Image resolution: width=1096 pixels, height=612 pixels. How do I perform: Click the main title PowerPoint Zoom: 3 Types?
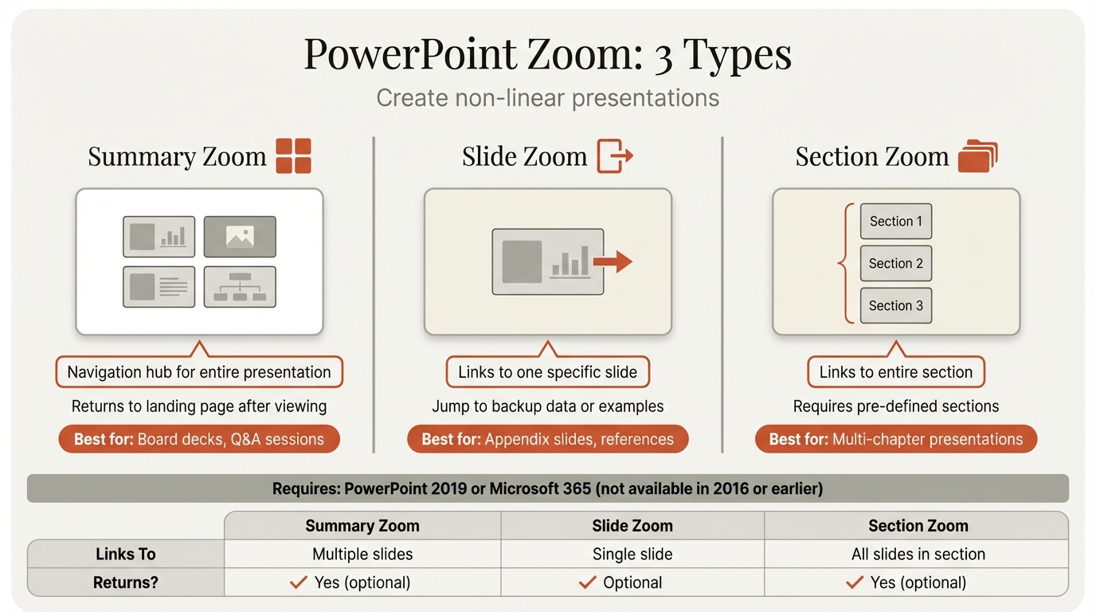point(548,55)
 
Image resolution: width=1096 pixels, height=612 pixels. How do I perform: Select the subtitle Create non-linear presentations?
point(548,98)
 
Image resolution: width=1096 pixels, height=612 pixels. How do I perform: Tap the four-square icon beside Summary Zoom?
point(293,155)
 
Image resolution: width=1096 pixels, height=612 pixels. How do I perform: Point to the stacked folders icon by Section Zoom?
point(977,155)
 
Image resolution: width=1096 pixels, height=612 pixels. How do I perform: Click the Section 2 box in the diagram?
point(896,264)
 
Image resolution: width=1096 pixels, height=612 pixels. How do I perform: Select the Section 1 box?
point(896,222)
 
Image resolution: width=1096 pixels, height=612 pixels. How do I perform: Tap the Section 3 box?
point(896,306)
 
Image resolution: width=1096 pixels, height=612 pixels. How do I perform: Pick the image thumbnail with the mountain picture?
point(240,236)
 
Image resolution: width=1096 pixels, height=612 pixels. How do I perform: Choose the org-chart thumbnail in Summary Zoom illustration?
point(240,287)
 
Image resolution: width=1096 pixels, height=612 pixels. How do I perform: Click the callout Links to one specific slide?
point(548,372)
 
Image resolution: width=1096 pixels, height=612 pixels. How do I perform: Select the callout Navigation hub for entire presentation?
point(199,372)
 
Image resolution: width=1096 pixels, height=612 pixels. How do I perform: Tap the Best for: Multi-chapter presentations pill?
point(896,439)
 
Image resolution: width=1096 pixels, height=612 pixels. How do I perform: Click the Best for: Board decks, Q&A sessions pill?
point(199,439)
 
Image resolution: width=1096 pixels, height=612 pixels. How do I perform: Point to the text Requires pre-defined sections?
point(896,406)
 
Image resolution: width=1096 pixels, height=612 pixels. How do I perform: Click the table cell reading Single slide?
point(632,554)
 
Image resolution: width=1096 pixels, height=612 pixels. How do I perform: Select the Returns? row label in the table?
point(126,583)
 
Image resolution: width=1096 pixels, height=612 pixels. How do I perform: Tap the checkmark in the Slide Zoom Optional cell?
point(588,583)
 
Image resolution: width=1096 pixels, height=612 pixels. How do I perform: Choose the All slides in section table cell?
point(918,554)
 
